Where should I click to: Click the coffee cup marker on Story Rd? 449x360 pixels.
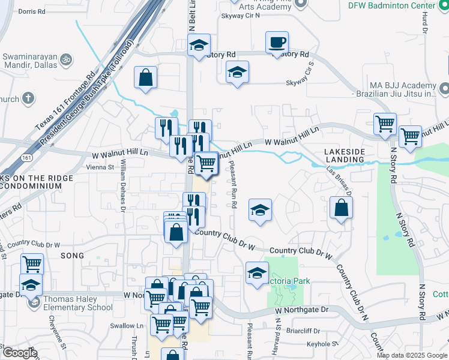277,43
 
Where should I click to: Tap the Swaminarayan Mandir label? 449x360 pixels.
30,61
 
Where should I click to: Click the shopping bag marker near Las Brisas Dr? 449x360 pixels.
341,208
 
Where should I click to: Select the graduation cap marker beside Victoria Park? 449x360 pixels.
257,272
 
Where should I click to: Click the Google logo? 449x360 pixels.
19,353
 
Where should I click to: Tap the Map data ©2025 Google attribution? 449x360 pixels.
412,355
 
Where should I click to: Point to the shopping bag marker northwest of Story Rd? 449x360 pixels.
145,77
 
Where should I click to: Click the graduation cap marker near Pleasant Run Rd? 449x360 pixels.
260,210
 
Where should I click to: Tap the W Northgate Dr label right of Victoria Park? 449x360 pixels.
303,310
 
